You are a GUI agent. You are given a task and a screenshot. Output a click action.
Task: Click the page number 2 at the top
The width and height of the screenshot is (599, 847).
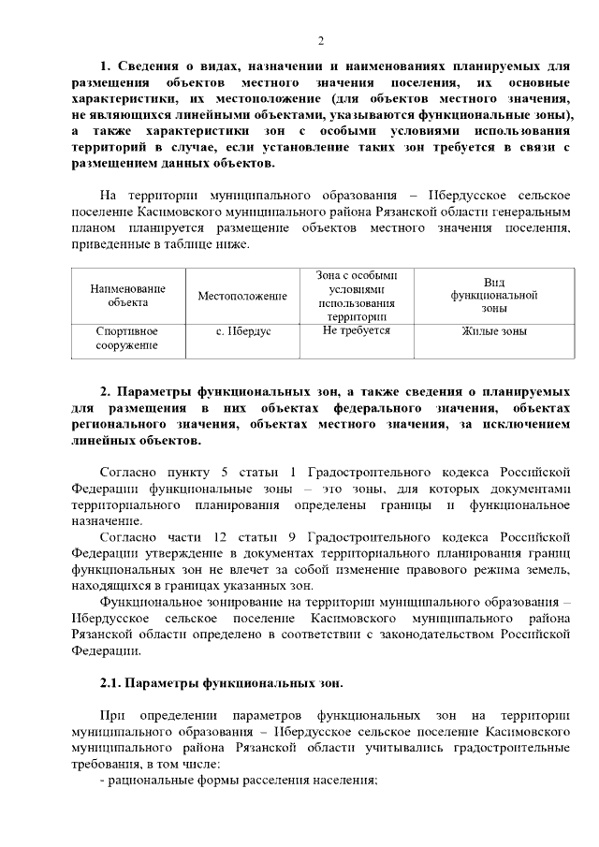(320, 40)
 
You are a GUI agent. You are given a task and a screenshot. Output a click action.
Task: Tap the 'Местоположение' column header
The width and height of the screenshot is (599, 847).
(241, 296)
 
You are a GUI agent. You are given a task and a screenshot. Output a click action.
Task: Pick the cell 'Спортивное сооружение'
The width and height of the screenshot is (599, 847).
(127, 338)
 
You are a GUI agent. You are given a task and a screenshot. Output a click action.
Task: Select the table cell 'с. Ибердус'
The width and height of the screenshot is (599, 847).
(241, 331)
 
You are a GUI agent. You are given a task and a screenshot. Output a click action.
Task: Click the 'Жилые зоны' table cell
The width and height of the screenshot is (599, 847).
(493, 331)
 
